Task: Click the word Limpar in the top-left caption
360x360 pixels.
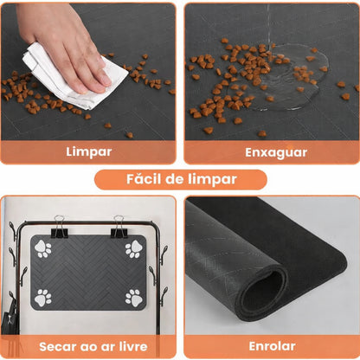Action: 89,151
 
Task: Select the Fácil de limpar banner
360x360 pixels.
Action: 180,180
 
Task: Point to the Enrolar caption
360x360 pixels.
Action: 271,345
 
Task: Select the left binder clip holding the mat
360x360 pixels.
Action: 58,227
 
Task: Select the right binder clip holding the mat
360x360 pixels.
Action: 119,227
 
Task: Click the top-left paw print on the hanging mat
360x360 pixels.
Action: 43,250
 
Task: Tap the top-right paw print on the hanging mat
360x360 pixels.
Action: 133,249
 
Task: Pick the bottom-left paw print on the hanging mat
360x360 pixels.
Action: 43,298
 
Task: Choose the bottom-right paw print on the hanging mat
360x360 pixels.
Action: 133,298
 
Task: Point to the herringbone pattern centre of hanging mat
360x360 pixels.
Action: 88,273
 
